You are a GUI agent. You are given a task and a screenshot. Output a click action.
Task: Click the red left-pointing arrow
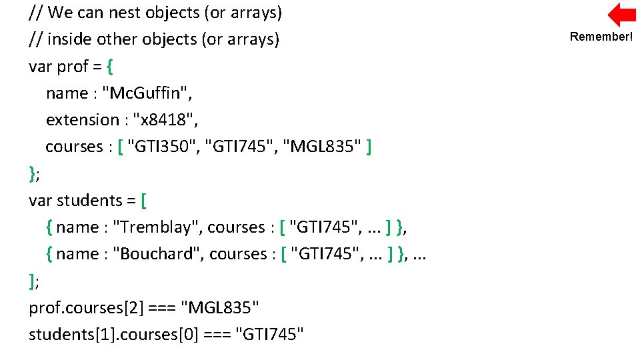[x=622, y=15]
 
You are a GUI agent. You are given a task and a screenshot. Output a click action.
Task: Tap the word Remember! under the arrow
[x=601, y=37]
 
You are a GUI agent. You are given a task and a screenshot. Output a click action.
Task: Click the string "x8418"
[x=165, y=120]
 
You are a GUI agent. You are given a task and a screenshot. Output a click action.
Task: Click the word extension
[x=82, y=120]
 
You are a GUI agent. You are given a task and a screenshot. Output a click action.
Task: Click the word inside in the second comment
[x=70, y=39]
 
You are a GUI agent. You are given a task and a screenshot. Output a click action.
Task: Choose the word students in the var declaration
[x=89, y=201]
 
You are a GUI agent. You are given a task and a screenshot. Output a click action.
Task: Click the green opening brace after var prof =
[x=110, y=67]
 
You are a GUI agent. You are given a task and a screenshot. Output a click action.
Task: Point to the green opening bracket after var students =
[x=145, y=201]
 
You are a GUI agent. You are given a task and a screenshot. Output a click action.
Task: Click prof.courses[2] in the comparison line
[x=86, y=308]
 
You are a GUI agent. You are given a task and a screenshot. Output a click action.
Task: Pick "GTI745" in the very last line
[x=270, y=335]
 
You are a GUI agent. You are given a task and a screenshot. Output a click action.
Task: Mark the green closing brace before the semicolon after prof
[x=33, y=173]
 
